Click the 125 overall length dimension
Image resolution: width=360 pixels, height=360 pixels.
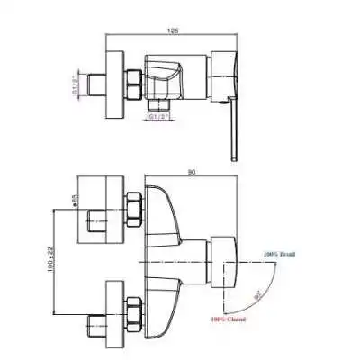173,31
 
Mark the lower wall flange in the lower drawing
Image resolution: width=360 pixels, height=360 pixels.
113,311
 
